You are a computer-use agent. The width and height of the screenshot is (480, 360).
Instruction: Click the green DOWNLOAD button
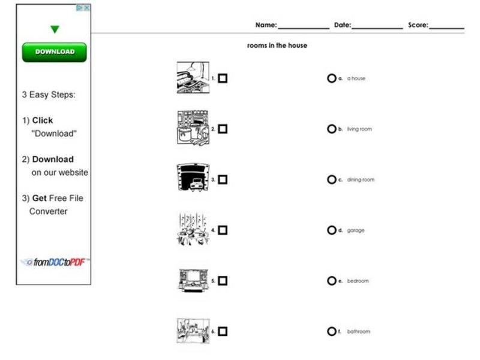[54, 52]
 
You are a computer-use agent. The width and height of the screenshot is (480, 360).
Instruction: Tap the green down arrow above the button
[55, 29]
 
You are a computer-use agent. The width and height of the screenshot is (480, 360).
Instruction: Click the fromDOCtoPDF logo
[55, 262]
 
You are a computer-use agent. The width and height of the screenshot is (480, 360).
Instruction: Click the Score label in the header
[418, 25]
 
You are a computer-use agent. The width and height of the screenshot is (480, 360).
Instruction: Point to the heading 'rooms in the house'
[277, 46]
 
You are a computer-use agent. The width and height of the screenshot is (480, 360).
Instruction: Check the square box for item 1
[223, 78]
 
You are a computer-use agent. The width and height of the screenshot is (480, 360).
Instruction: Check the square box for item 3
[223, 179]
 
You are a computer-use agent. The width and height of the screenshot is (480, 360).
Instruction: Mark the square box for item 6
[223, 331]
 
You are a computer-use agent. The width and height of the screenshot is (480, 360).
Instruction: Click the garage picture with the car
[193, 178]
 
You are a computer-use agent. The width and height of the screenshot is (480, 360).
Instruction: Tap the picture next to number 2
[193, 128]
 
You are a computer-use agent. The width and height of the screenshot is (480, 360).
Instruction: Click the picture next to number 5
[193, 280]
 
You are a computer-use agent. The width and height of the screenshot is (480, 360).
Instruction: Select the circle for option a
[331, 78]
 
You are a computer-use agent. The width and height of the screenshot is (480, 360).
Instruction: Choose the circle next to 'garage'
[331, 230]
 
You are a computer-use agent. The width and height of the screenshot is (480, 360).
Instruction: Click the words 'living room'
[359, 129]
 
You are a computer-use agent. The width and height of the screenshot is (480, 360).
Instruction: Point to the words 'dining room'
[361, 179]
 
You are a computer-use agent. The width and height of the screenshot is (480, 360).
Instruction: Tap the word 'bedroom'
[358, 281]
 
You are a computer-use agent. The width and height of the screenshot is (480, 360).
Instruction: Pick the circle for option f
[331, 331]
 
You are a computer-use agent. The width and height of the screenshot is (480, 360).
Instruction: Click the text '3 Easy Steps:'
[49, 95]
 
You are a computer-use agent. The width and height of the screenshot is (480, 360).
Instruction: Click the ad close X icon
[86, 8]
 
